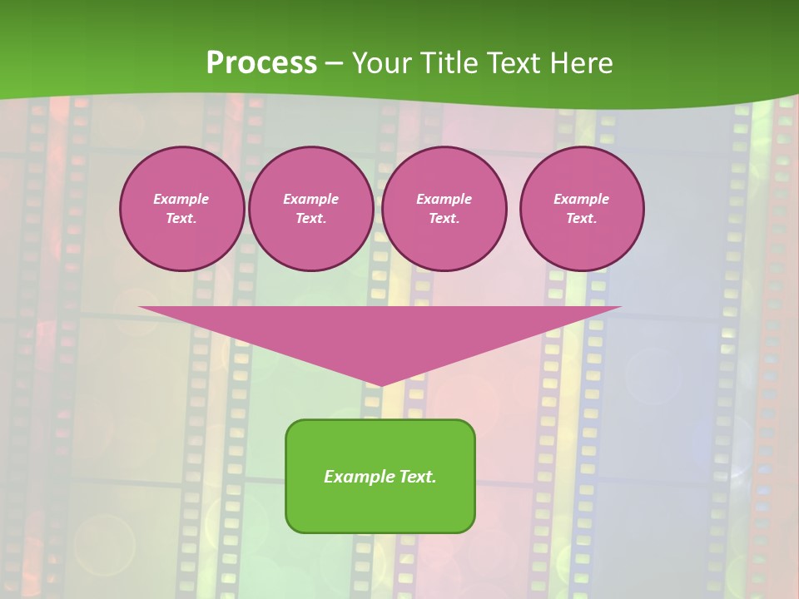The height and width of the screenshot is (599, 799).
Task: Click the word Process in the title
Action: pos(261,63)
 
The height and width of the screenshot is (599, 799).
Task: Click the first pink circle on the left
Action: pos(181,209)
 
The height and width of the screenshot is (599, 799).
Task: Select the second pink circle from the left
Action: pos(310,209)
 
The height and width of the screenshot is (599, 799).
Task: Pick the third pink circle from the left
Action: pos(444,209)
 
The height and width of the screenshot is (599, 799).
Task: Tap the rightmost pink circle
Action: pos(582,209)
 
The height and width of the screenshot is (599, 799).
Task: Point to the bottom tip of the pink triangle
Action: pos(380,385)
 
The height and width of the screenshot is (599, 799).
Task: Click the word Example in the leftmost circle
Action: pos(181,199)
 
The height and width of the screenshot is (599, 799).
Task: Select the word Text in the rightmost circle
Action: pos(580,219)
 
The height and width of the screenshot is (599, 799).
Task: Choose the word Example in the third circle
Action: pos(444,199)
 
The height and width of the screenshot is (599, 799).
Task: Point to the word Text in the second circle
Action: pos(310,219)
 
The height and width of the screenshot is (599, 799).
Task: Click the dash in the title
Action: pos(334,64)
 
